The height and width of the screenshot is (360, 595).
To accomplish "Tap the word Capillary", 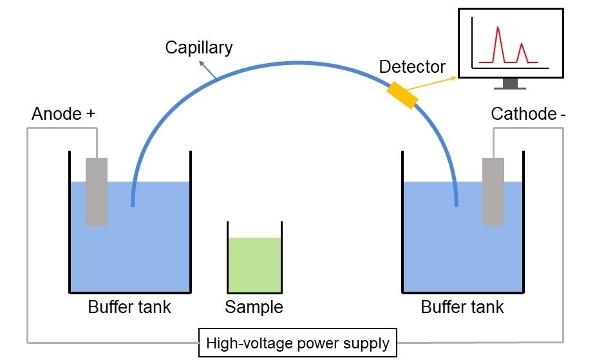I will point(199,47).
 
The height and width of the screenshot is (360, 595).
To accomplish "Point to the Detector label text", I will point(412,66).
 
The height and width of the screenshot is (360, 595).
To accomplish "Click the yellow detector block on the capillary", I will point(402,96).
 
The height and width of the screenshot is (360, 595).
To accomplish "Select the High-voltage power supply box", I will point(297,343).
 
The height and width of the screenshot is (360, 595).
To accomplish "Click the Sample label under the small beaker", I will point(254,307).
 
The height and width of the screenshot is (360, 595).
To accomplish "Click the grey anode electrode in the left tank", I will point(97,191).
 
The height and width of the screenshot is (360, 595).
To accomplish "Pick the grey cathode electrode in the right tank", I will point(493,191).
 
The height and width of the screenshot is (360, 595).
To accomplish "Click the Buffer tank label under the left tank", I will point(129,307).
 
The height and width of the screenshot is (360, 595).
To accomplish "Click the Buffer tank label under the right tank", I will point(462,307).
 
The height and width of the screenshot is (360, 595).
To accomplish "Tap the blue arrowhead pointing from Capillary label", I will point(202,62).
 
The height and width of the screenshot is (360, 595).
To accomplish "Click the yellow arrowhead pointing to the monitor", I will point(455,78).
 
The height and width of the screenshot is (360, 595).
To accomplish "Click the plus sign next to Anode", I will point(90,114).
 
